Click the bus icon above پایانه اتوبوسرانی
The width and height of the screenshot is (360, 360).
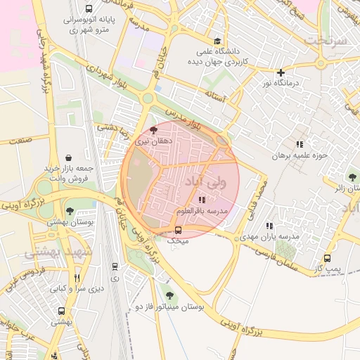tap(88, 8)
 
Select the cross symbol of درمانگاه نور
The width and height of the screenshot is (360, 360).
tap(281, 72)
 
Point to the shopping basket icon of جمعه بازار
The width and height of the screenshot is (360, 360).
tap(68, 157)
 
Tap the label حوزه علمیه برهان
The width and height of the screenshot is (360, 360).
tap(301, 154)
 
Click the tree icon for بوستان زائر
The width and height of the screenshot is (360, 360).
tap(352, 177)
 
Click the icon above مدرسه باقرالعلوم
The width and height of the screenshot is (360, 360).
tap(202, 200)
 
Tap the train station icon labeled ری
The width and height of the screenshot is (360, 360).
tap(115, 266)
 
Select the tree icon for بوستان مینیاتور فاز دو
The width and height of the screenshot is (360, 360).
tap(168, 296)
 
